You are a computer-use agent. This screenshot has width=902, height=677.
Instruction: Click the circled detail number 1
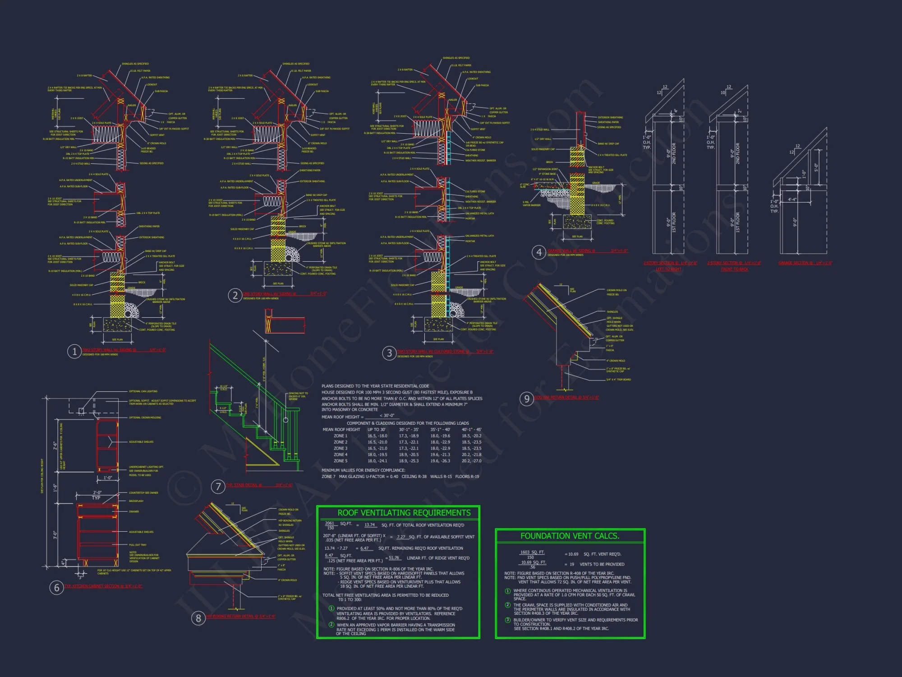(74, 351)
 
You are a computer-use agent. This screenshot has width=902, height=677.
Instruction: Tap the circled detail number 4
(539, 252)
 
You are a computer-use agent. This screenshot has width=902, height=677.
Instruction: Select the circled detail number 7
(218, 486)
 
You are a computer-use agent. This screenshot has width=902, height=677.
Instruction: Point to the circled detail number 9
(526, 399)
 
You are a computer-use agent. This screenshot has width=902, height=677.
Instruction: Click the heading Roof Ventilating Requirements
(404, 513)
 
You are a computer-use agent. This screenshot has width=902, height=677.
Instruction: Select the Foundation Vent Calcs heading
(570, 536)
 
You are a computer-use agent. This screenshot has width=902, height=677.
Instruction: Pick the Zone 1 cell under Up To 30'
(377, 436)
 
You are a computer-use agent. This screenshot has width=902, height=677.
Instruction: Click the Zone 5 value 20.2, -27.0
(471, 461)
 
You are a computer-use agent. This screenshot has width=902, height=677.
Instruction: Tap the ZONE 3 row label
(341, 448)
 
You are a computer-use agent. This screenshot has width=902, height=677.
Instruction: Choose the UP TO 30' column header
(376, 430)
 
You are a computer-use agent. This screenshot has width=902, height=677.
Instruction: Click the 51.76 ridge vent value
(394, 558)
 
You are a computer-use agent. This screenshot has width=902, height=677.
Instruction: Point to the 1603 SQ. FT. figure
(532, 552)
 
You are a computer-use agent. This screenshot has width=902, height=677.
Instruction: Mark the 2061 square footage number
(330, 523)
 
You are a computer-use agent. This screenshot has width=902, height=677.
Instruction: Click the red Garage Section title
(805, 263)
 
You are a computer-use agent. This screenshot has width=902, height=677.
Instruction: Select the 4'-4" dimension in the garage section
(792, 199)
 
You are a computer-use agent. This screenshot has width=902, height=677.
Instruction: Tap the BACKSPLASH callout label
(136, 501)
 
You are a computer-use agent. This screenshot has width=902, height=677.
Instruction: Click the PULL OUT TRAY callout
(138, 545)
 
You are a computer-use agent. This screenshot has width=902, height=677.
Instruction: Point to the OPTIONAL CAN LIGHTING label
(143, 391)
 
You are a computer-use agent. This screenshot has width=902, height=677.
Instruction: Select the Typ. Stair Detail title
(244, 485)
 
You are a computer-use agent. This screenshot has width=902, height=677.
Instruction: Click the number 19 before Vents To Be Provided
(572, 564)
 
